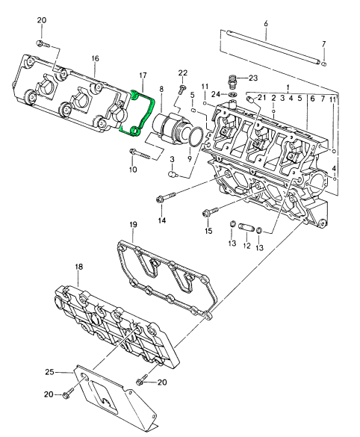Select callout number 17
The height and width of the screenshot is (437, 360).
pyautogui.click(x=143, y=75)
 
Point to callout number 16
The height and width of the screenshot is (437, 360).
pyautogui.click(x=95, y=58)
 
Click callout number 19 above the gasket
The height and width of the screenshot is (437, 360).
pyautogui.click(x=133, y=225)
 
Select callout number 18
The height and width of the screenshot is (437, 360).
pyautogui.click(x=79, y=267)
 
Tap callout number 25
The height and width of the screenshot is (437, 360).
pyautogui.click(x=49, y=372)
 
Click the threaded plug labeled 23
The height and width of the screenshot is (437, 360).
pyautogui.click(x=232, y=80)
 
